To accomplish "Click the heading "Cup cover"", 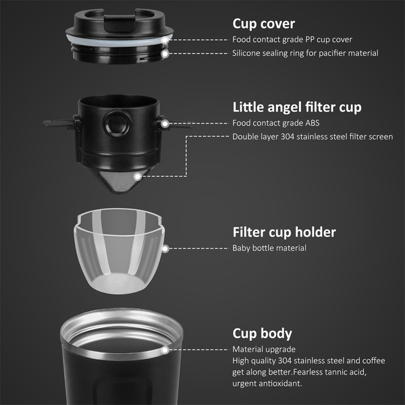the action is pos(263,24).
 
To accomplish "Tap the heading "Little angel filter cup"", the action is pos(297,107).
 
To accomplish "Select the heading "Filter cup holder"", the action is pos(284,232).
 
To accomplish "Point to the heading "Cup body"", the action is pos(262,333).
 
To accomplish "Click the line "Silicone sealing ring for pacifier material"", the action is pos(305,53).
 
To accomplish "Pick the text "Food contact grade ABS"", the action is pos(276,123).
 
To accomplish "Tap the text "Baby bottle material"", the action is pos(269,248).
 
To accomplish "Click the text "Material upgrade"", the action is pos(264,349).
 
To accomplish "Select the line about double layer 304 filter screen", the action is pos(313,136).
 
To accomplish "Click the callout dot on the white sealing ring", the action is pos(165,40).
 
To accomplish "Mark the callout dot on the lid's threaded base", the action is pos(165,54).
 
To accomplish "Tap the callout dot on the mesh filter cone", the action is pos(138,177).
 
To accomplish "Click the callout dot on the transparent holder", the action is pos(165,248).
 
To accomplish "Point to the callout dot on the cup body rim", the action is pos(165,350).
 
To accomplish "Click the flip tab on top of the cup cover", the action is pos(119,23).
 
